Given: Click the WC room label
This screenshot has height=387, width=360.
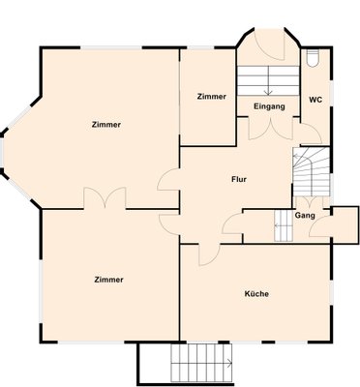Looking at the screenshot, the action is [x=315, y=100].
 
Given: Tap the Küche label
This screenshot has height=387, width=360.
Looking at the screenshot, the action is [x=256, y=294].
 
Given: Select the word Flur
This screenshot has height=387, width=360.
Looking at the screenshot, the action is [x=239, y=179].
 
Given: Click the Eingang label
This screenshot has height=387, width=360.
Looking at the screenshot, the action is [x=269, y=106].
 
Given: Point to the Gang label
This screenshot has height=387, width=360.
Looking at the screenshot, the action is [x=305, y=215].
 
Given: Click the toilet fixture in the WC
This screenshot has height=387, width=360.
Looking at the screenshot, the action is [x=313, y=58].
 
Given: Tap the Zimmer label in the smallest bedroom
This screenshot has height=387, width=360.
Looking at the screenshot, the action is [x=212, y=97].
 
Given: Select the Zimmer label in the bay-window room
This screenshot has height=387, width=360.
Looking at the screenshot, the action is [x=106, y=125].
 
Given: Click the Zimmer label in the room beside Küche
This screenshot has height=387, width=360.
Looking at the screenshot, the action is [x=108, y=280].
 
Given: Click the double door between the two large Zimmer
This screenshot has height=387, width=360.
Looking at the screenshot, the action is [x=105, y=197].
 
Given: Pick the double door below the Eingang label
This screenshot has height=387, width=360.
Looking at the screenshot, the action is [x=271, y=129].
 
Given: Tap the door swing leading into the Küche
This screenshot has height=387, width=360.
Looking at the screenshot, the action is [x=209, y=254].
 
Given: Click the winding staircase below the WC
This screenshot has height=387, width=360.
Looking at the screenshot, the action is [x=311, y=171].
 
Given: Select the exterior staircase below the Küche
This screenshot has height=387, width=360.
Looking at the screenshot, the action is [x=201, y=364].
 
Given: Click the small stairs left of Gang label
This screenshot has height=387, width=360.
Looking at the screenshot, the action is [x=284, y=225].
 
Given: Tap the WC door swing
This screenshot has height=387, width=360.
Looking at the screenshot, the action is [x=311, y=134].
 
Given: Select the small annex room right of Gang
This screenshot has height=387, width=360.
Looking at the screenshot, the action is [x=345, y=224].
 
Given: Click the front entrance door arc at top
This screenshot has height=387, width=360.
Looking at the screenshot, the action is [x=269, y=45].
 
